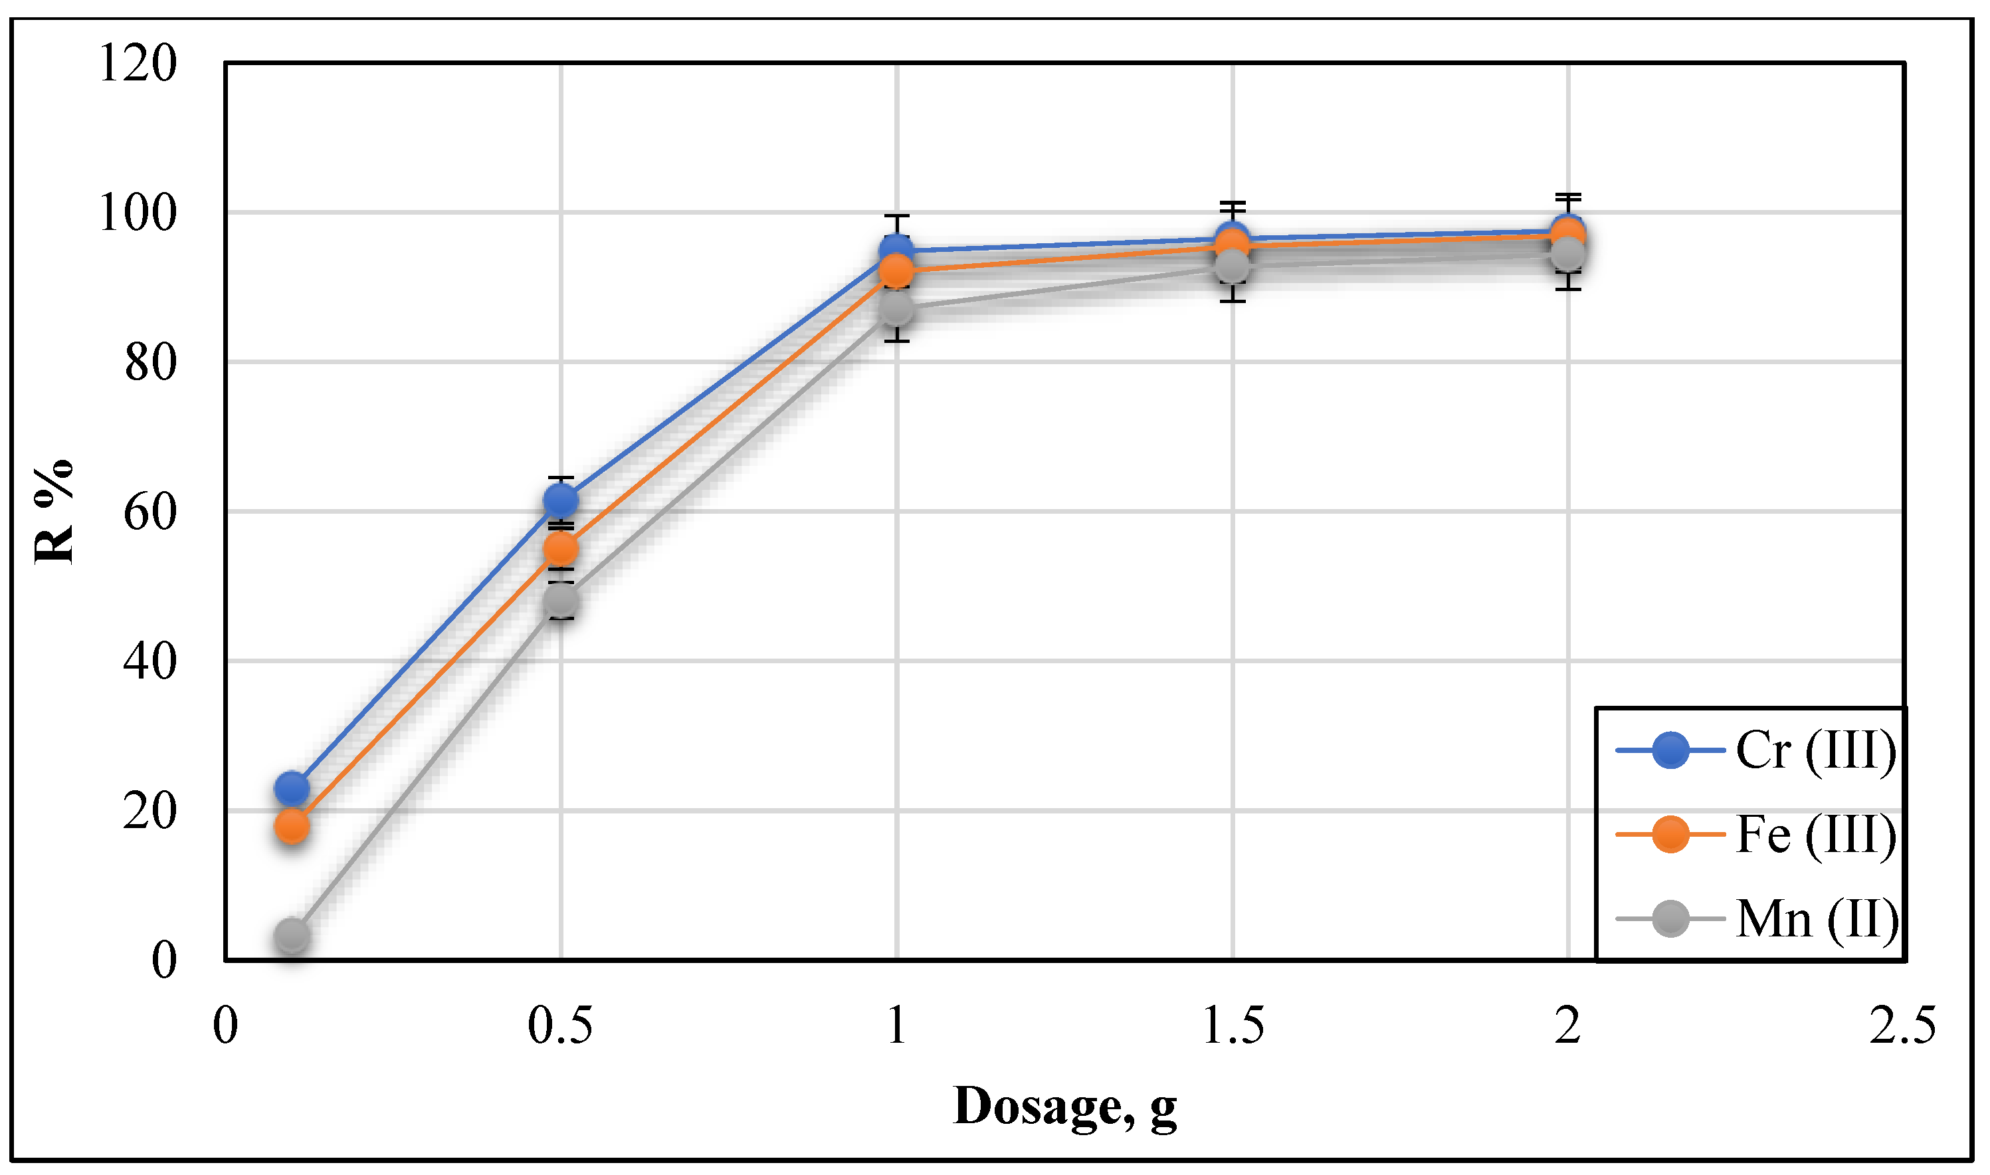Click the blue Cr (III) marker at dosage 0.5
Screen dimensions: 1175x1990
pos(560,500)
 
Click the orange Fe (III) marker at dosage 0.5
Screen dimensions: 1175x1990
pos(560,548)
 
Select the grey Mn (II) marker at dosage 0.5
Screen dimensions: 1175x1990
pos(560,599)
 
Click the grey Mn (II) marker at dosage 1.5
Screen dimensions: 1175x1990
pos(1232,267)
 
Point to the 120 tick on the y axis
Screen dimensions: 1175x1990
pos(138,63)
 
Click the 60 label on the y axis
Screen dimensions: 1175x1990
pos(149,512)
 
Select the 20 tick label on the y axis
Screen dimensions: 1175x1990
pos(149,811)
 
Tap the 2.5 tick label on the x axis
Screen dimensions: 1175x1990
pos(1902,1027)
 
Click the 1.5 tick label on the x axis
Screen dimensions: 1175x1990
pos(1233,1027)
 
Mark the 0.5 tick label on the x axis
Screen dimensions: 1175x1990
pos(560,1027)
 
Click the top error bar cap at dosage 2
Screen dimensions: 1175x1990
pos(1568,195)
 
